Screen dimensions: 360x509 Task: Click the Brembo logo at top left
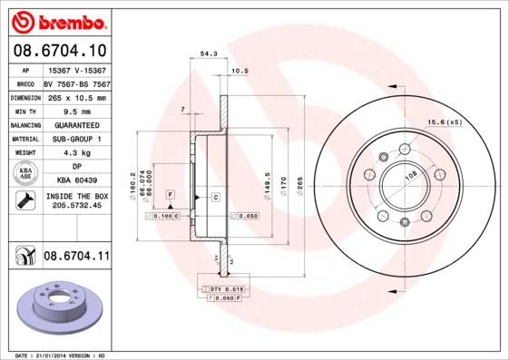click(55, 19)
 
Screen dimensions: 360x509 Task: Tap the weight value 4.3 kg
click(75, 153)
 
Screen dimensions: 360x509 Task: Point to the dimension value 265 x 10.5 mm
click(75, 97)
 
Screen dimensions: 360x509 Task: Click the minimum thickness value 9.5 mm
click(75, 111)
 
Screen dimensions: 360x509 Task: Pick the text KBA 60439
click(75, 180)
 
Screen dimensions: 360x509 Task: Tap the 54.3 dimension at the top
click(208, 54)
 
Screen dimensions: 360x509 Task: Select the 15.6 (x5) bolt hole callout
click(445, 122)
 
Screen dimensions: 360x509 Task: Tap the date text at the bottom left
click(56, 355)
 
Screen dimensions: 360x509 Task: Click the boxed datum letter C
click(216, 196)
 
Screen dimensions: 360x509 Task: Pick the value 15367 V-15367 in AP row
click(75, 69)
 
